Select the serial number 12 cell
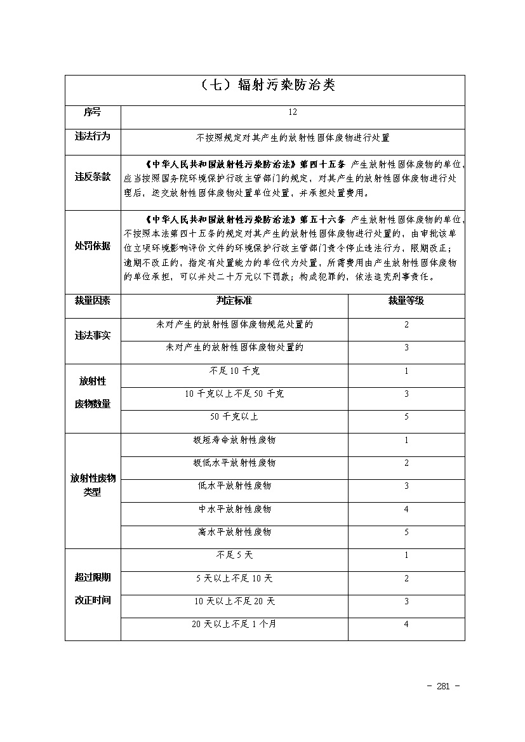[292, 112]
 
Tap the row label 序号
[93, 112]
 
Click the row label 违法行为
[93, 136]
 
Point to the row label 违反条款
[93, 177]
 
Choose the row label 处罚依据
[93, 246]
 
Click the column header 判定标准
[234, 301]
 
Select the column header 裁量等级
[406, 301]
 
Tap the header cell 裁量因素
[93, 301]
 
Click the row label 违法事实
[93, 336]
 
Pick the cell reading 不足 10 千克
[234, 371]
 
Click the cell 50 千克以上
[234, 417]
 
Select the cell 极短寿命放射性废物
[234, 440]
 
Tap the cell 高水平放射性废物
[234, 532]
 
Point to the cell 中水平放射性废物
[234, 509]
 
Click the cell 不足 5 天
[234, 555]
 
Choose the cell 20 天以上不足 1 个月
[234, 625]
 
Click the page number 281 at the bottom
[444, 686]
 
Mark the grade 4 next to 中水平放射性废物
[406, 509]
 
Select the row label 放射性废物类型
[93, 486]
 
